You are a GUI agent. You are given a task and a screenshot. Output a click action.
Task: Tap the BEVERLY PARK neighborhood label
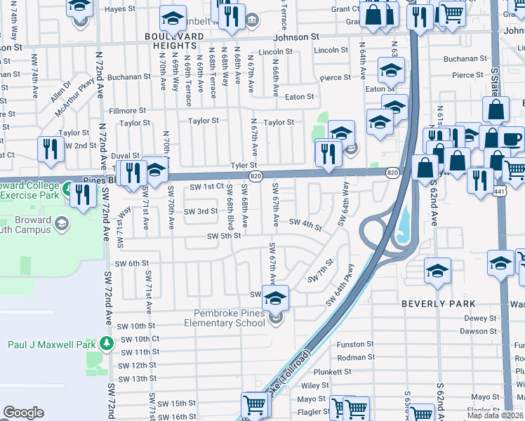point(438,304)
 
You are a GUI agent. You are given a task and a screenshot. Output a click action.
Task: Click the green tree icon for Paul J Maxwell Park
point(106,344)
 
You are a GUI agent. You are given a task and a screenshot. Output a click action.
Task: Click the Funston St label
point(355,345)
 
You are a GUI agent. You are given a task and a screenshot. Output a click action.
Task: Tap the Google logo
point(23,413)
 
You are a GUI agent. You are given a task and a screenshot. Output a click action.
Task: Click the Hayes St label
point(119,9)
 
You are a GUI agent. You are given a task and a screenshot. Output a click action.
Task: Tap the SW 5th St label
point(224,236)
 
